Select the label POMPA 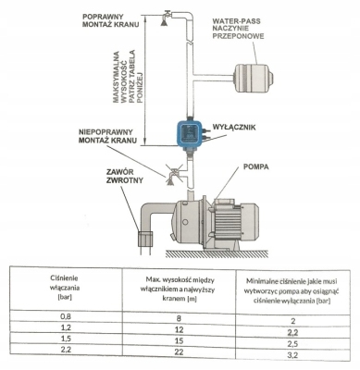pyautogui.click(x=257, y=169)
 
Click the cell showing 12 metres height pyautogui.click(x=178, y=329)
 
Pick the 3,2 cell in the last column pyautogui.click(x=292, y=354)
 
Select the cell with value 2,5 pyautogui.click(x=292, y=341)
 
